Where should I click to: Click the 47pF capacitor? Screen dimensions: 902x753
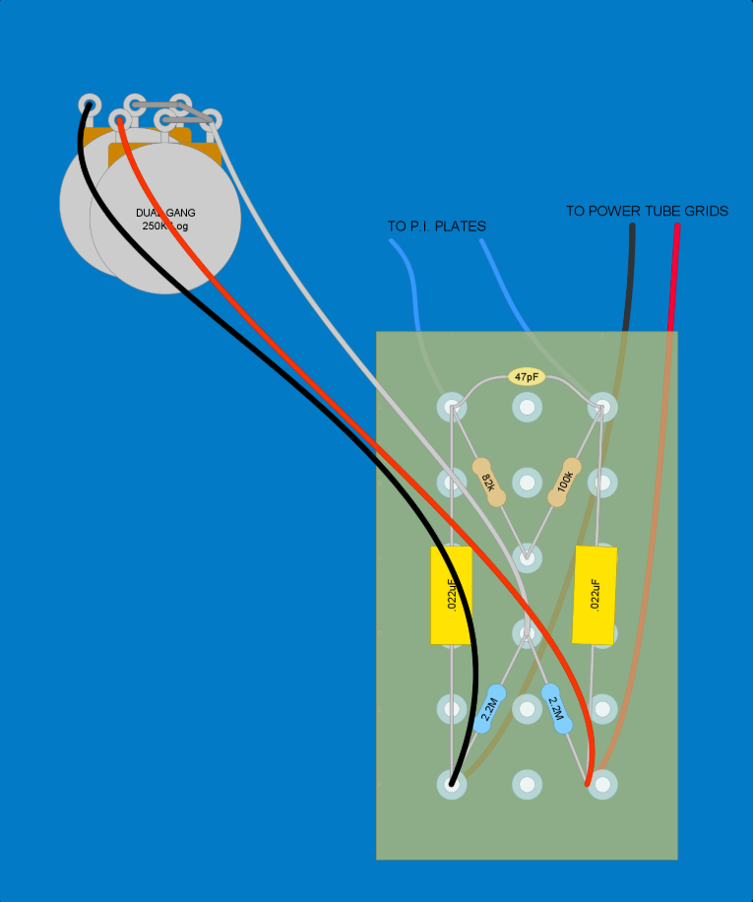pyautogui.click(x=527, y=377)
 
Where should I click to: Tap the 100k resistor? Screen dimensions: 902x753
pyautogui.click(x=564, y=483)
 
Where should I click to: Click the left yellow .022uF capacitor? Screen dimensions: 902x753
pyautogui.click(x=451, y=596)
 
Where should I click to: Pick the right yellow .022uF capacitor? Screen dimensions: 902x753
pyautogui.click(x=595, y=595)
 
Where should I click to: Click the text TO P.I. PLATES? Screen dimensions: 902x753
pyautogui.click(x=437, y=226)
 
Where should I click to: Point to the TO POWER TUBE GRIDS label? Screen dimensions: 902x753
pyautogui.click(x=647, y=211)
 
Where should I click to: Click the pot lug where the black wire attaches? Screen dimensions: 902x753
pyautogui.click(x=89, y=105)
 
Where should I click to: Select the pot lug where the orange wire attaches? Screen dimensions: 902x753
pyautogui.click(x=120, y=121)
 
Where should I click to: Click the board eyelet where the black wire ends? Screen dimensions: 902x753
pyautogui.click(x=451, y=785)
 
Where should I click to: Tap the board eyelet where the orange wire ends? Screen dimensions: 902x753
pyautogui.click(x=601, y=784)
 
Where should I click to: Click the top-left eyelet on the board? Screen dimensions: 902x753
pyautogui.click(x=451, y=407)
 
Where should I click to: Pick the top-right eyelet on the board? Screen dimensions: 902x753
pyautogui.click(x=601, y=407)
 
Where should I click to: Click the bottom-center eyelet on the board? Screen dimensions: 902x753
pyautogui.click(x=527, y=785)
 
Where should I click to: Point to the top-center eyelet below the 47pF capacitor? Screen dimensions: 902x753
pyautogui.click(x=527, y=407)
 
